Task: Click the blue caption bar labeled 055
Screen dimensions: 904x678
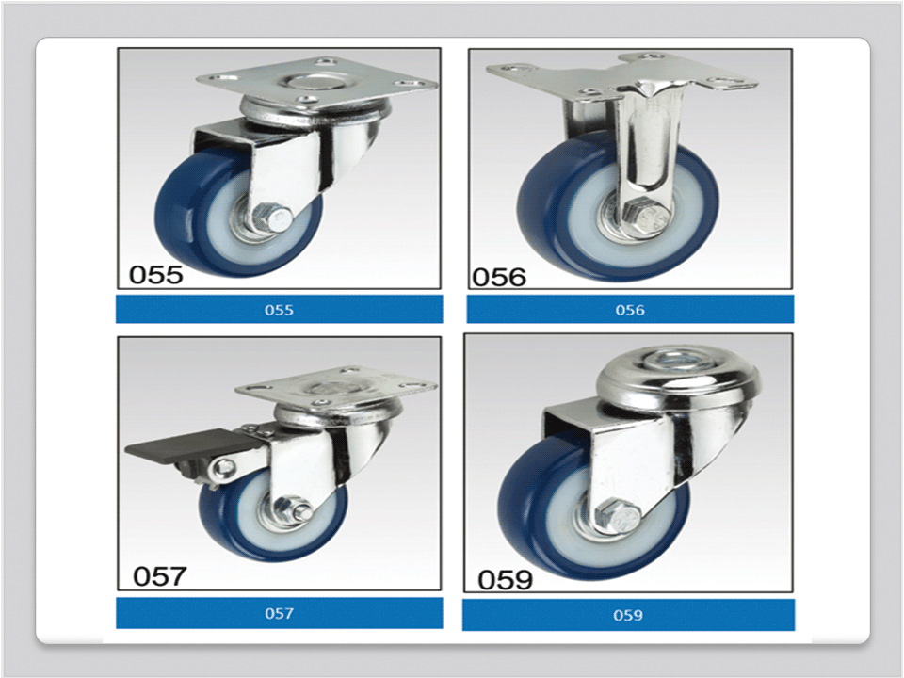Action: [279, 309]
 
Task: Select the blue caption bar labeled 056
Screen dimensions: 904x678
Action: [630, 309]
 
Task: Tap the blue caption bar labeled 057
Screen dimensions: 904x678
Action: [279, 613]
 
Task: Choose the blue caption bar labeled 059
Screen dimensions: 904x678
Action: [628, 615]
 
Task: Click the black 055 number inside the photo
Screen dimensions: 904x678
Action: [155, 274]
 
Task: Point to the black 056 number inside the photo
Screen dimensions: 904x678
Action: [499, 277]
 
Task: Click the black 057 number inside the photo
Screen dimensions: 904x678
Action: [160, 576]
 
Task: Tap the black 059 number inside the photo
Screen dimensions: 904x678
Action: [505, 579]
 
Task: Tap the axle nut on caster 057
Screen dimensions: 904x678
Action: [293, 509]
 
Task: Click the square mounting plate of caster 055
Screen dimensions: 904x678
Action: [317, 84]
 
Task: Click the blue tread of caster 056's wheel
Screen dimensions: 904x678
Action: [536, 214]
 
